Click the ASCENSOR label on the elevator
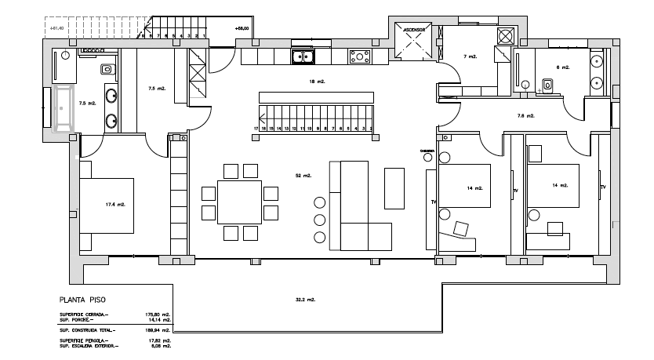click(414, 30)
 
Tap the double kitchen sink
click(303, 56)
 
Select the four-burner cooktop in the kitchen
click(360, 56)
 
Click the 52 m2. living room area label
click(303, 176)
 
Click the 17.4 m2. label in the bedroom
click(115, 205)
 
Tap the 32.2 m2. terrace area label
click(305, 300)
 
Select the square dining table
click(239, 202)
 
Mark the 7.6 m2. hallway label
click(525, 116)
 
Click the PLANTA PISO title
click(82, 300)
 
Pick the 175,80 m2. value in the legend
click(158, 315)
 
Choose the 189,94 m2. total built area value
click(158, 331)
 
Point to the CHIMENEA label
click(427, 151)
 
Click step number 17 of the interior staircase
click(256, 127)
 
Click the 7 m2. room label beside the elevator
click(471, 56)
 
